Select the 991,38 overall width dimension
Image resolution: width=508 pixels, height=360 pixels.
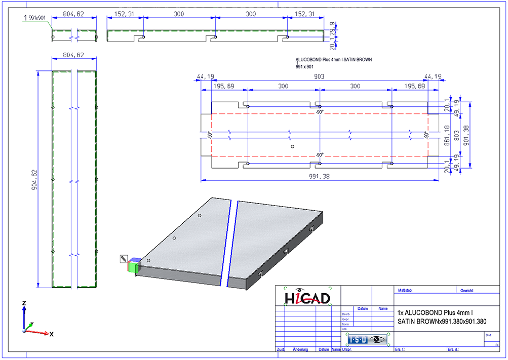click(319, 176)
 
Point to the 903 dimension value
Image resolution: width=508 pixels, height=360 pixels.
click(319, 76)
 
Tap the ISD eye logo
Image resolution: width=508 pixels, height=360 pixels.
click(367, 339)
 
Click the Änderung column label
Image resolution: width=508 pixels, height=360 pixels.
click(300, 349)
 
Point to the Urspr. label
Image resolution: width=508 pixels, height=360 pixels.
click(347, 349)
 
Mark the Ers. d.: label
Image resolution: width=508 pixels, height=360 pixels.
click(453, 349)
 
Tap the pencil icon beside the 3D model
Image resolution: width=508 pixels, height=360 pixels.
click(123, 259)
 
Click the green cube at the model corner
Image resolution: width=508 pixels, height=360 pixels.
click(133, 266)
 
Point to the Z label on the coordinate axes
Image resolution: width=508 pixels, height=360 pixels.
click(24, 302)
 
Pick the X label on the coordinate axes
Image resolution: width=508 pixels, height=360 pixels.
click(51, 334)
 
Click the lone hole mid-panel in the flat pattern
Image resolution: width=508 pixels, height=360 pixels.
click(293, 147)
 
